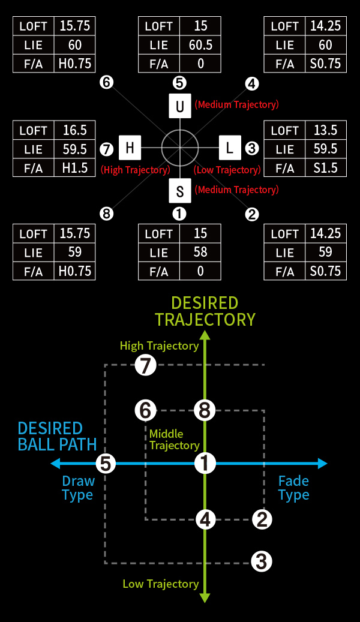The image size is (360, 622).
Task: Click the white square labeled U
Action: [180, 106]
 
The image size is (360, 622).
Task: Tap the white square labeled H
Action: [130, 148]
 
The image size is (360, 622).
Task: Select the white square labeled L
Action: [230, 148]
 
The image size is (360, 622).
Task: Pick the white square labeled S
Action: [180, 191]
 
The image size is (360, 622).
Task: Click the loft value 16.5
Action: [75, 130]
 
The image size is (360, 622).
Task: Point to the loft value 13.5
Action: [325, 130]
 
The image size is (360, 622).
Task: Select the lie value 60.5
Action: [200, 45]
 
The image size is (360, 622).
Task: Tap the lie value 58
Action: [200, 252]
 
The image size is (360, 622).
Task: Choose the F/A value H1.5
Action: [75, 168]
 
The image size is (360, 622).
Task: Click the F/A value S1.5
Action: [325, 168]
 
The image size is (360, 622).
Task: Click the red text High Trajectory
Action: [136, 170]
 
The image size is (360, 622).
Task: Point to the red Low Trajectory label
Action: [227, 170]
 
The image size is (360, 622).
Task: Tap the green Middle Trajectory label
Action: [174, 440]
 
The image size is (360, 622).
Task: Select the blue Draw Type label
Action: [78, 488]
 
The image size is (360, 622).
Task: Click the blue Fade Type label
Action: [294, 488]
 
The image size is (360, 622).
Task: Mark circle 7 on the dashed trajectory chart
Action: [145, 365]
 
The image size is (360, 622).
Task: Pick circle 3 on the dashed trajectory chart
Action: [262, 561]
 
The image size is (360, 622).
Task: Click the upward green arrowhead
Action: [205, 336]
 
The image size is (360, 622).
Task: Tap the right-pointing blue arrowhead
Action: [322, 463]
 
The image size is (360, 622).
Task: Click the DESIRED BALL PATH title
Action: [57, 436]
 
